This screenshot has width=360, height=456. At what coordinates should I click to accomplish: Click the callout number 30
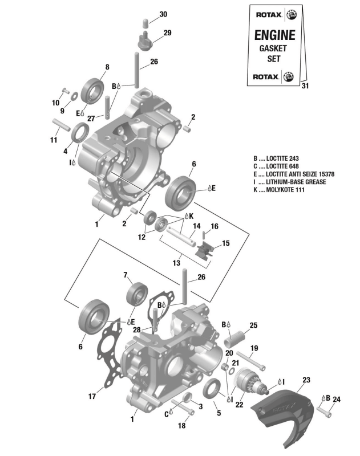147,14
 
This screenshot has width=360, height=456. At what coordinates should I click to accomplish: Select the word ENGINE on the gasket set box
274,35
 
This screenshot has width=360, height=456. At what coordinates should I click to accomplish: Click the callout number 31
304,86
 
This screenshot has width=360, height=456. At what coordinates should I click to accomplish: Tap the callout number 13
177,264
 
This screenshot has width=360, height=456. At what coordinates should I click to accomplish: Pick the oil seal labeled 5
212,389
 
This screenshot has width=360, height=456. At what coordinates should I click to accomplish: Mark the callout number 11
54,140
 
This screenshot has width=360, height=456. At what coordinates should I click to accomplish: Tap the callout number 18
181,426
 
